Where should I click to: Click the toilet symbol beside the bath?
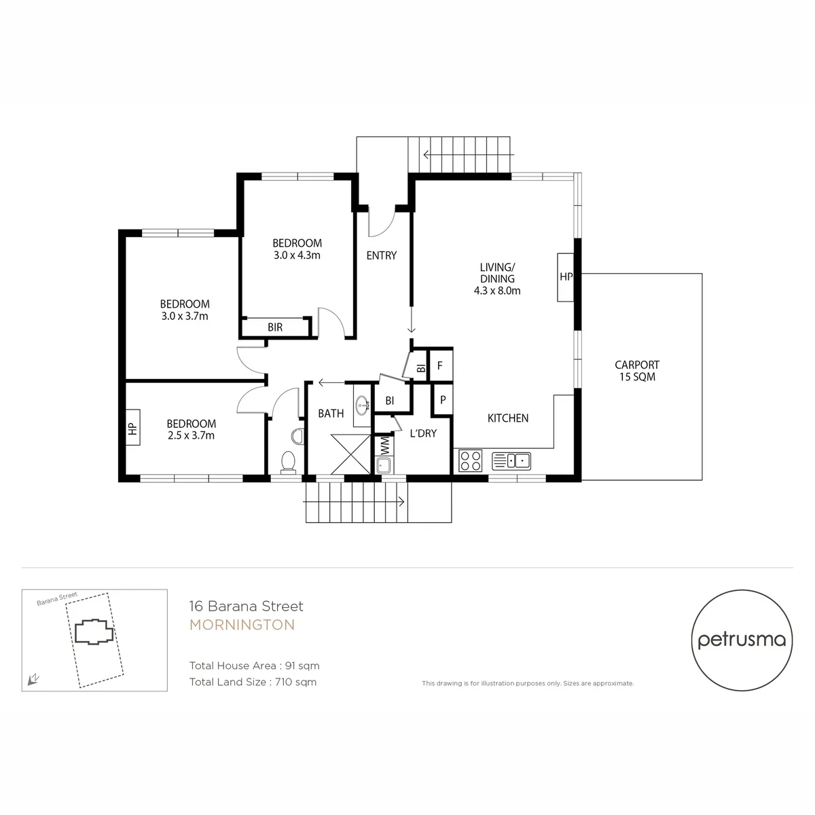(289, 461)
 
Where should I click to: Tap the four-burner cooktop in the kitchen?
(470, 460)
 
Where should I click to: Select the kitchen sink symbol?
(511, 460)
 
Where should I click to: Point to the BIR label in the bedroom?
(275, 327)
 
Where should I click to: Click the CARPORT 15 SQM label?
(637, 371)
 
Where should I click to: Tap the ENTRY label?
(382, 255)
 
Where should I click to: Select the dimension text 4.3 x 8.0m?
(497, 291)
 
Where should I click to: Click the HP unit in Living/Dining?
(566, 277)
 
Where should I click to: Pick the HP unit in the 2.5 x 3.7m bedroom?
(133, 427)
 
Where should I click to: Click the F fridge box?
(440, 365)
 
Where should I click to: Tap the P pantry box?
(442, 399)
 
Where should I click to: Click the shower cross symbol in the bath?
(350, 454)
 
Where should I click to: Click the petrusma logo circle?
(742, 640)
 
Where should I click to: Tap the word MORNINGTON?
(242, 625)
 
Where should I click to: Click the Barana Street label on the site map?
(57, 598)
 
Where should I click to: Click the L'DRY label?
(423, 433)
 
